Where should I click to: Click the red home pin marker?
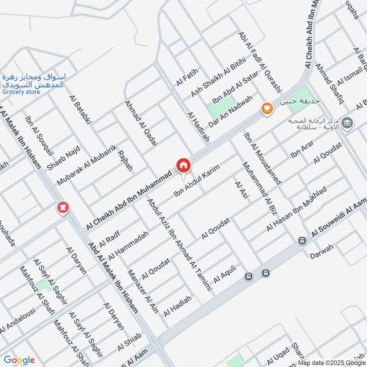click(x=183, y=166)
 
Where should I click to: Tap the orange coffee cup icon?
click(x=267, y=108)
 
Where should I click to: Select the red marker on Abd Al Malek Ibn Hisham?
click(x=62, y=208)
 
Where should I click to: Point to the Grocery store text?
click(x=21, y=92)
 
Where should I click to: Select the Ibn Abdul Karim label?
click(x=197, y=182)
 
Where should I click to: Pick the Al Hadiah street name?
click(x=178, y=306)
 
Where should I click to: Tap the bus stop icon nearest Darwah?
click(x=302, y=240)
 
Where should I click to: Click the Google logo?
click(x=19, y=360)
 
